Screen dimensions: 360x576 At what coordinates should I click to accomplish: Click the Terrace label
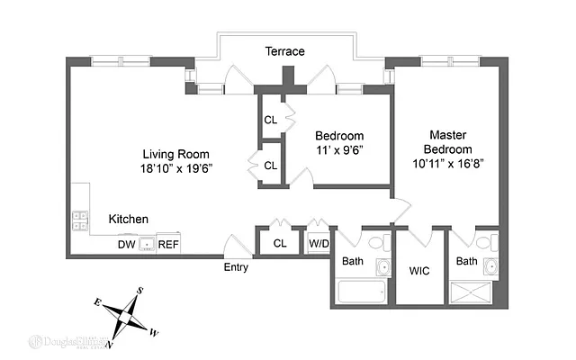click(284, 51)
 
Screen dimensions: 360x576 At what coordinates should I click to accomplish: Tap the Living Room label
click(180, 153)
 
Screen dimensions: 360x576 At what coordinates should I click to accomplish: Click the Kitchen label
click(129, 220)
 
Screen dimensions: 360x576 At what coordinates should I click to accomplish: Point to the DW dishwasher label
click(125, 244)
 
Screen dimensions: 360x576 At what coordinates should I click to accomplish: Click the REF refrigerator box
click(168, 244)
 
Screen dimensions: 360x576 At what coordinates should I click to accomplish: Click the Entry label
click(238, 267)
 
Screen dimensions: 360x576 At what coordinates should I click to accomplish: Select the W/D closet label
click(319, 243)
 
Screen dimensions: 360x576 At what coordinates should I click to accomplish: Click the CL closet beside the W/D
click(280, 243)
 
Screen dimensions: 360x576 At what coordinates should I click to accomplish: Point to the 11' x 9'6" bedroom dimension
click(339, 150)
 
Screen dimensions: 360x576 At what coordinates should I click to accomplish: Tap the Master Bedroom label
click(448, 141)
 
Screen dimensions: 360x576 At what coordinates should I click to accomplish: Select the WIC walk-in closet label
click(419, 270)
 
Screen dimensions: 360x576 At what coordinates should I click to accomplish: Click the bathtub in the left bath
click(363, 292)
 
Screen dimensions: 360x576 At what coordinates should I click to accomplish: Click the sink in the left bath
click(383, 267)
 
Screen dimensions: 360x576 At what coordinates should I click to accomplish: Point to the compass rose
click(125, 317)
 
